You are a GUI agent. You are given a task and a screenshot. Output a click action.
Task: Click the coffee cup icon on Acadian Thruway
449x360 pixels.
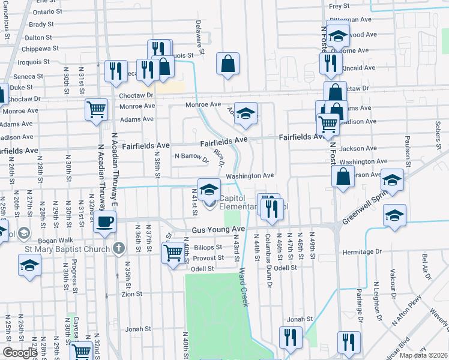click(x=104, y=221)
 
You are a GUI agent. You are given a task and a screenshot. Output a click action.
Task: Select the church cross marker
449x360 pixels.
click(x=119, y=247)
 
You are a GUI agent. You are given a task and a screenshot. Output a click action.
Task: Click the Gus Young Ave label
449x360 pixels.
click(x=218, y=230)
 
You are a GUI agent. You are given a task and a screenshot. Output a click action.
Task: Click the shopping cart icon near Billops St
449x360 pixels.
click(x=173, y=252)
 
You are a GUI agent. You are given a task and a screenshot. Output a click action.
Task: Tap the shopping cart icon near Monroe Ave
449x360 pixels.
click(x=96, y=109)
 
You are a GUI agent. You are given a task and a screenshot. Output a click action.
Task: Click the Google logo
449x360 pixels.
click(x=20, y=353)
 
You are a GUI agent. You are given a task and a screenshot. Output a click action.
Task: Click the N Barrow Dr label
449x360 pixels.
click(x=191, y=157)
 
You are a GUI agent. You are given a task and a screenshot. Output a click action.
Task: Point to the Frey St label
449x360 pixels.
click(x=339, y=6)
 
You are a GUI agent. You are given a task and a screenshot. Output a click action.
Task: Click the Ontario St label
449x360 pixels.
click(x=47, y=11)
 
